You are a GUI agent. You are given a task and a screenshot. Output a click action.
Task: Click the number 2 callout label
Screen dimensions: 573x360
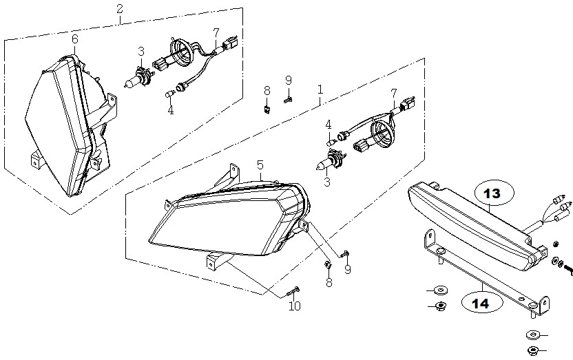120,9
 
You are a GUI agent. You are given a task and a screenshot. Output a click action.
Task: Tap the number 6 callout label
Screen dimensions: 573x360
75,39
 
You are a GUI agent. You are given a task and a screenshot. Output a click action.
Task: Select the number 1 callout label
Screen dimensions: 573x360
320,89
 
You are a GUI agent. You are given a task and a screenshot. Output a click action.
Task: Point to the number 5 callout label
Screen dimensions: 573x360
260,165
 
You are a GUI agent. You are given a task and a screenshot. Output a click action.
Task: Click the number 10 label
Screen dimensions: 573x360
295,306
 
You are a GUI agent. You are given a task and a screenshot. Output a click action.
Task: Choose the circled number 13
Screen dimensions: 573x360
492,193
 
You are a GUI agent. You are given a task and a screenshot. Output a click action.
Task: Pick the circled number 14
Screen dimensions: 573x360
480,304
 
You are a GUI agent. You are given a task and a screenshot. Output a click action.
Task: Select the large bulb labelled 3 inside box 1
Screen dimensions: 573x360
331,161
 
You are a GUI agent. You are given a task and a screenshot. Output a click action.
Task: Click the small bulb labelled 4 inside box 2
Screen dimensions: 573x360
169,94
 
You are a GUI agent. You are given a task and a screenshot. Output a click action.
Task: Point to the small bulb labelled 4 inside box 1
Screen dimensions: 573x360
331,141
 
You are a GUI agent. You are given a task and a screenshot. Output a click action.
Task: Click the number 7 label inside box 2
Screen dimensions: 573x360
216,33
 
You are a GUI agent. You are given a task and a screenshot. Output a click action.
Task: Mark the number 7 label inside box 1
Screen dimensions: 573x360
393,94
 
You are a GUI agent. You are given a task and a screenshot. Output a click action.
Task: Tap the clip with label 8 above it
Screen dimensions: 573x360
267,109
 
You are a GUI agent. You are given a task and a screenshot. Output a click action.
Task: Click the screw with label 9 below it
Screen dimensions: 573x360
344,254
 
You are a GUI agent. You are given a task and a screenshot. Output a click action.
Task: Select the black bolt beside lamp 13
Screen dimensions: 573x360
568,271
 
